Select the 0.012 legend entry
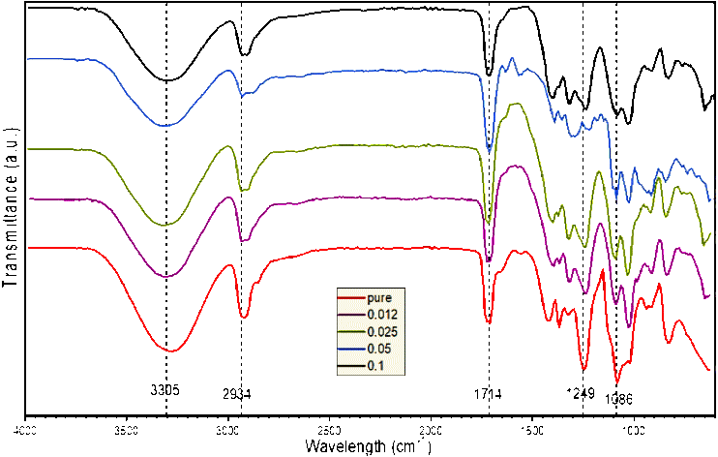[x=383, y=316]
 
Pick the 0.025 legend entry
[x=383, y=332]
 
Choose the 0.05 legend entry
[x=380, y=349]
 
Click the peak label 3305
[x=165, y=390]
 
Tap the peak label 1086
[x=619, y=398]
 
